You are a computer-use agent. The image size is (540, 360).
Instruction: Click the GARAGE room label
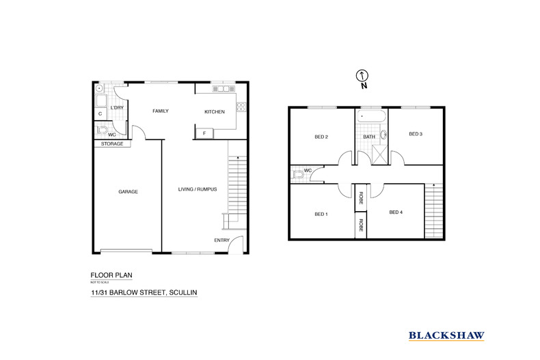coord(128,192)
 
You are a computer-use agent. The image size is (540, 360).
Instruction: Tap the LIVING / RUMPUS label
coord(197,189)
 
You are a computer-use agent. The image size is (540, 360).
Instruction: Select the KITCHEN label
coord(214,111)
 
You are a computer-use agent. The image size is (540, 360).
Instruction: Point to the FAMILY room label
coord(160,111)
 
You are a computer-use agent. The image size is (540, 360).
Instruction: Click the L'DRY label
coord(117,108)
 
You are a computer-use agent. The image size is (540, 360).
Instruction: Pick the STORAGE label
coord(111,144)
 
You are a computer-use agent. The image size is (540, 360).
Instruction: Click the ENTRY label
coord(221,240)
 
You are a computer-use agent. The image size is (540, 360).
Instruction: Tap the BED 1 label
coord(321,214)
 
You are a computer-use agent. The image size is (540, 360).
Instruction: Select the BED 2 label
coord(321,137)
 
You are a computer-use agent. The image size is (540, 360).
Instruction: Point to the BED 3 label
coord(415,134)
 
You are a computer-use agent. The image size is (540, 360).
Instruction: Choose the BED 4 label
coord(396,212)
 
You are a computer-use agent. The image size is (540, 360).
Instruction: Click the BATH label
coord(368,137)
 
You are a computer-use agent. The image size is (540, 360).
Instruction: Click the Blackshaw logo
coord(446,335)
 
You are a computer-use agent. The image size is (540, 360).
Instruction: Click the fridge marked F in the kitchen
coord(203,133)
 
